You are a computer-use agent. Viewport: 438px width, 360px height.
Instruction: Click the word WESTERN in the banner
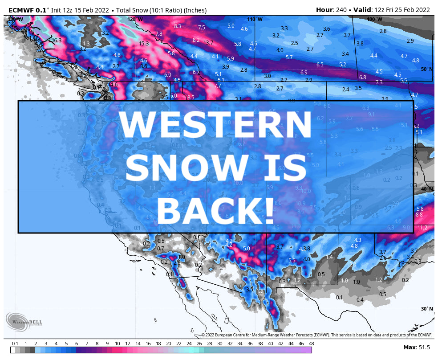215,125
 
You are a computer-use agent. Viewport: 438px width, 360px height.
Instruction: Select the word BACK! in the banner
215,211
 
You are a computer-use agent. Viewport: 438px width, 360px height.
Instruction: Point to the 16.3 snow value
57,41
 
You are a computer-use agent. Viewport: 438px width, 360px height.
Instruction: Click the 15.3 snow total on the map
144,44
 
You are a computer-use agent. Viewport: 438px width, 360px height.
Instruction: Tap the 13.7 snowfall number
208,43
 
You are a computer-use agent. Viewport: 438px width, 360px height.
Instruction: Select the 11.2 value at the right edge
422,228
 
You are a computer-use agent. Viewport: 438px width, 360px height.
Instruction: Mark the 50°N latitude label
426,69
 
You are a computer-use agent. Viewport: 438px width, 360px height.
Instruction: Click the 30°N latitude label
426,309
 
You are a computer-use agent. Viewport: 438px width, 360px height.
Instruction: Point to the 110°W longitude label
255,20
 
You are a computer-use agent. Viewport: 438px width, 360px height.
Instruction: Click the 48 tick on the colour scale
311,344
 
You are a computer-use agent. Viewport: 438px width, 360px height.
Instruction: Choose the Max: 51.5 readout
416,347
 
